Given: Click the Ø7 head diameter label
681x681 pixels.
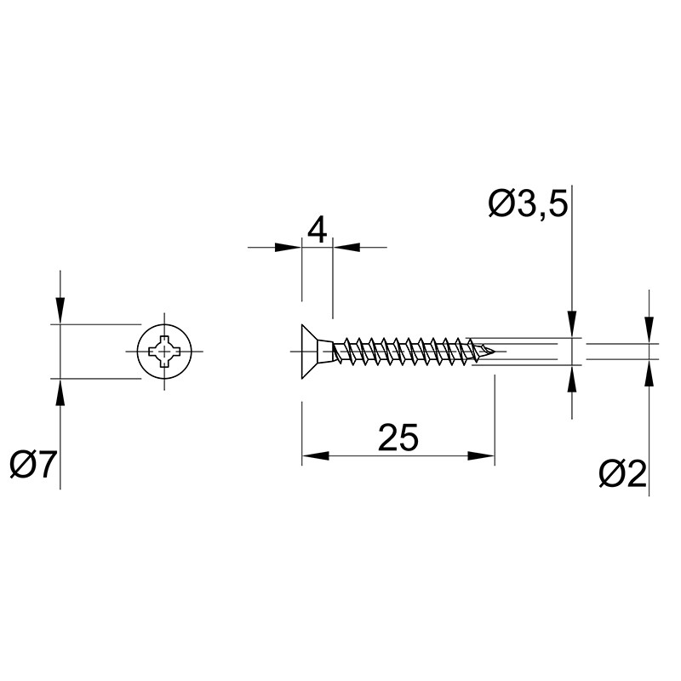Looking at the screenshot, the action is (x=33, y=464).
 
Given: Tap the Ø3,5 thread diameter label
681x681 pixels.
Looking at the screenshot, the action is (x=528, y=203).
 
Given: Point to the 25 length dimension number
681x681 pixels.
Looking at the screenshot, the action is (x=398, y=437).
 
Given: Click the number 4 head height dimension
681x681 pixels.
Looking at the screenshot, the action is (x=317, y=231).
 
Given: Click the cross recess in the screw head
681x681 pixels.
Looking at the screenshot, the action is (x=164, y=351).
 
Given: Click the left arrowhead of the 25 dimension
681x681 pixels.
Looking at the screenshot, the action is (x=315, y=455).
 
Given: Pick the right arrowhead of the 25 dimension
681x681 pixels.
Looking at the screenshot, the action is (x=481, y=455).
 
